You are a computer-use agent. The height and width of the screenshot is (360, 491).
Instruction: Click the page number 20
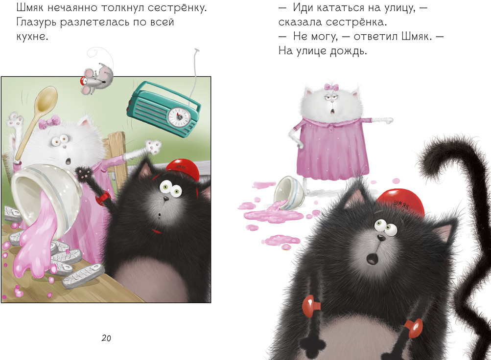(106, 338)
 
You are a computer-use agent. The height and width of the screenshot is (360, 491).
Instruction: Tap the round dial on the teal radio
(179, 117)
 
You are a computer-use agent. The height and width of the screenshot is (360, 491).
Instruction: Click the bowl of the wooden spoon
(46, 98)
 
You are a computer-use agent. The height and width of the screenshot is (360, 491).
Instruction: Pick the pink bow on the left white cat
(49, 121)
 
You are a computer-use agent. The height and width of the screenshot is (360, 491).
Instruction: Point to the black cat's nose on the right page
(380, 238)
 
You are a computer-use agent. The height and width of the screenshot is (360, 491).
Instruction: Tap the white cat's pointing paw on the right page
(386, 120)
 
